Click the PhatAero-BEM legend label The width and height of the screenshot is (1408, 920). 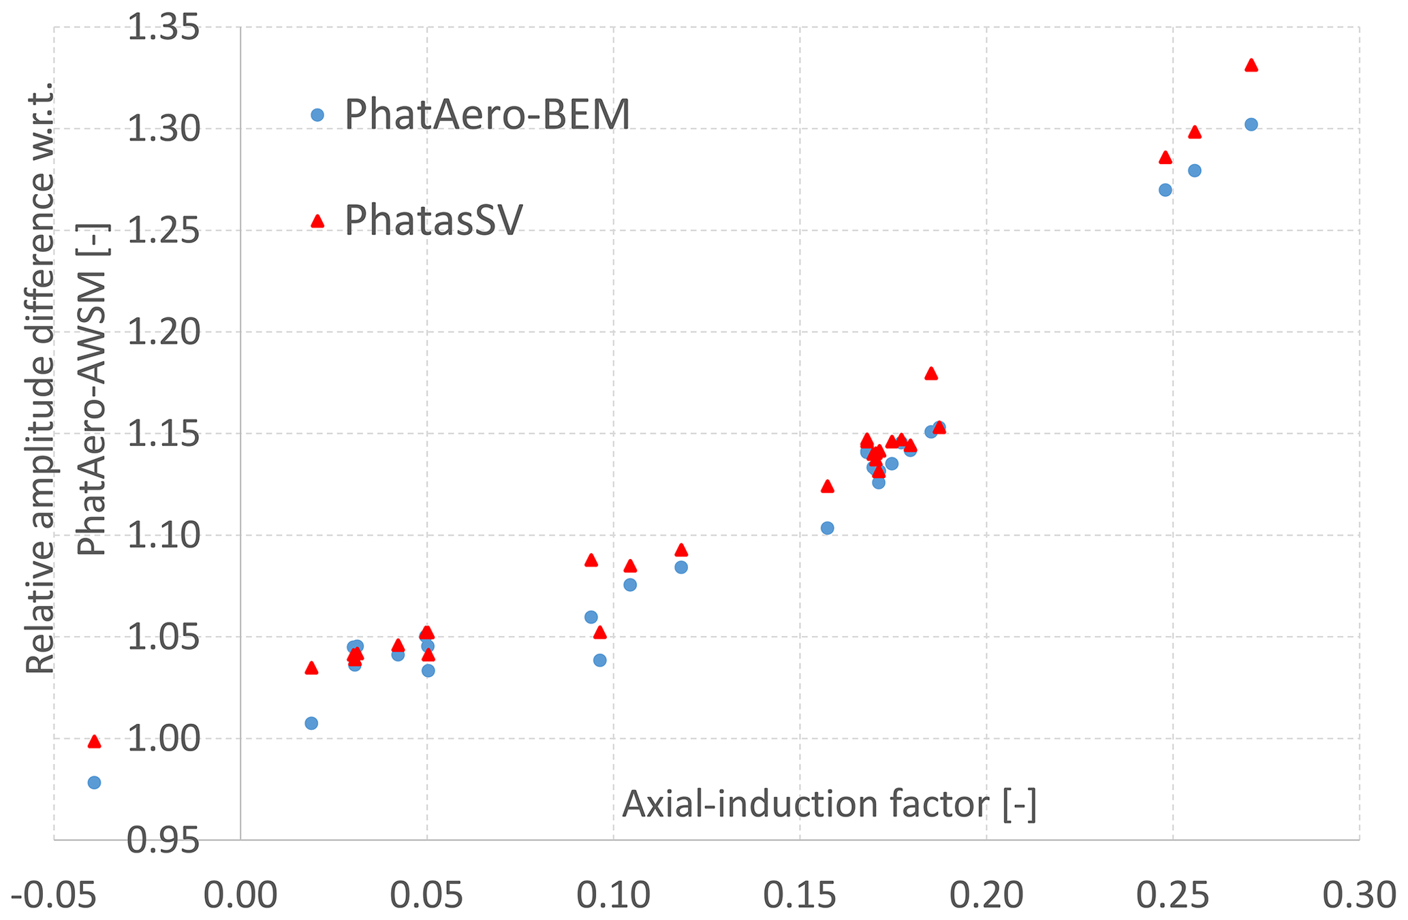pos(487,114)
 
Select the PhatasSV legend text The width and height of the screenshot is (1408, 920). pos(434,219)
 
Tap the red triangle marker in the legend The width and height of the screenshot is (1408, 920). pos(317,221)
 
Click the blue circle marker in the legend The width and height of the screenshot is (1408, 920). pos(317,115)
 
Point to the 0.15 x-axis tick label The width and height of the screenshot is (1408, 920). pos(799,895)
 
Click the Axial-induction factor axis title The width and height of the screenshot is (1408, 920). pos(829,804)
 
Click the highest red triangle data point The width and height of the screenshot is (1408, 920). pos(1251,65)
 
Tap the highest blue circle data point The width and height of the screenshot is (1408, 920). pos(1251,125)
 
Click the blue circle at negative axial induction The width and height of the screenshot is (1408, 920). pos(95,782)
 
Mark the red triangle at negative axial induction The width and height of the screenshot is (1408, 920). pos(95,742)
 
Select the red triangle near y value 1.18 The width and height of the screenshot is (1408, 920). pos(931,373)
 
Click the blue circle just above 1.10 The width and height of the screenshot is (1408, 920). pos(828,528)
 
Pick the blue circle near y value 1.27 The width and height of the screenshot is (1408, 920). pos(1165,190)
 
